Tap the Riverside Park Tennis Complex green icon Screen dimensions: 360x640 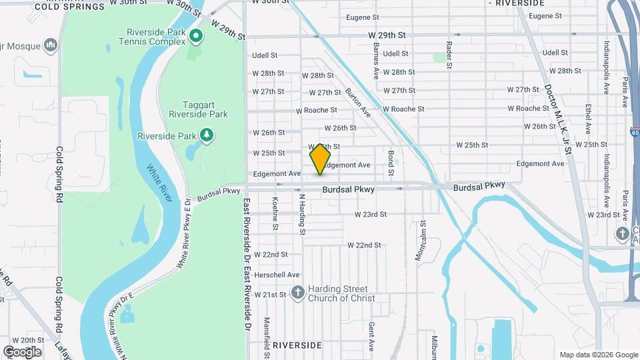tap(196, 35)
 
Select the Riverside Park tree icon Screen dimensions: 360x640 tap(207, 136)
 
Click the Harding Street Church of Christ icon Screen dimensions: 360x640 tap(298, 292)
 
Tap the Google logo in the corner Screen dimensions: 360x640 tap(21, 351)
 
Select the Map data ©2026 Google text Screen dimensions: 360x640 tap(599, 355)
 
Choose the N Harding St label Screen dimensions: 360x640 tap(302, 214)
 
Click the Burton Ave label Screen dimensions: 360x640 tap(357, 103)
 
